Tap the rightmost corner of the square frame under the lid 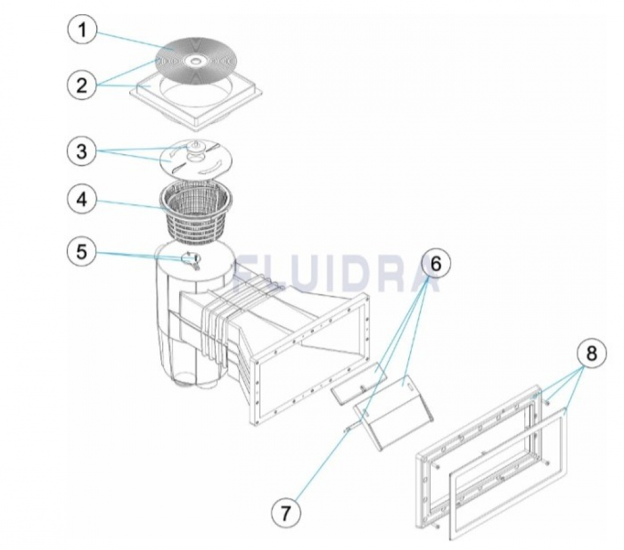[x=263, y=94]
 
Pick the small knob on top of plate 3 [x=195, y=146]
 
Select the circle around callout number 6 [x=436, y=265]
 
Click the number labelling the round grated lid [x=82, y=30]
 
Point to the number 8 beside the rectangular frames [x=592, y=353]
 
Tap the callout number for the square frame [x=82, y=85]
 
